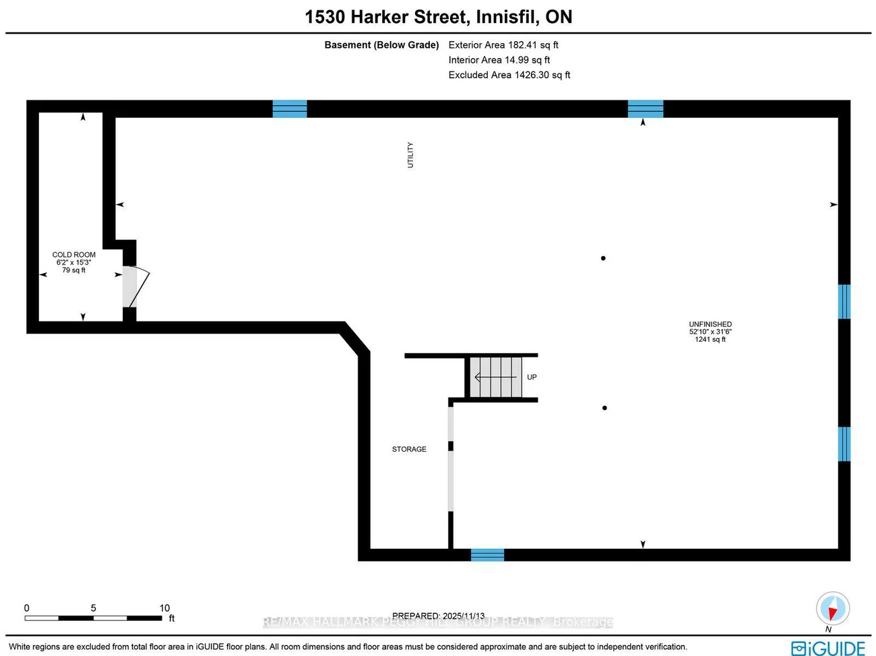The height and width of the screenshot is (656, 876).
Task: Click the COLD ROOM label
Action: coord(74,255)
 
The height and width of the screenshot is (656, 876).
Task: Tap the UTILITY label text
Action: coord(410,155)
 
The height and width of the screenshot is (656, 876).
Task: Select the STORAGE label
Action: coord(409,449)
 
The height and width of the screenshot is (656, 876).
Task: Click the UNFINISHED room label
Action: coord(710,324)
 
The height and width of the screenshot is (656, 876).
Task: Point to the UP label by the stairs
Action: coord(532,378)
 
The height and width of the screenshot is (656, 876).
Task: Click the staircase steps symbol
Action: coord(496,378)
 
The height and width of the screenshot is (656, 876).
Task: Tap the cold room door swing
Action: coord(137,287)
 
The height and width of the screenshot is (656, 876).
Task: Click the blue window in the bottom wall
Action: coord(487,555)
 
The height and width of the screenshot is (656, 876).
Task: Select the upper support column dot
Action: coord(603,258)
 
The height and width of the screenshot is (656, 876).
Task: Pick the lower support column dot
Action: coord(604,408)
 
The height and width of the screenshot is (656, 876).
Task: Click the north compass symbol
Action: coord(832,609)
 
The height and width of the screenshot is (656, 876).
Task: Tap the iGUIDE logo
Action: coord(828,648)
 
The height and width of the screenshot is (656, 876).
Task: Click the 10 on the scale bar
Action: coord(164,608)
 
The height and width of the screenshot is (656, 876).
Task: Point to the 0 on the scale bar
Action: coord(27,608)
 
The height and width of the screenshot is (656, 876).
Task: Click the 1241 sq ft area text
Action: coord(710,339)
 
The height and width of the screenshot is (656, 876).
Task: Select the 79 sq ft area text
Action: coord(74,270)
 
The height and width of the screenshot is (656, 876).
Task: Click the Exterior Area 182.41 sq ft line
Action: coord(503,45)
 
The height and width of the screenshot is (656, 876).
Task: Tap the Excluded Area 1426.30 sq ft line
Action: coord(509,75)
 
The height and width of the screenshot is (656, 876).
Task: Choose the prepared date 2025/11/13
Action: coord(464,616)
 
